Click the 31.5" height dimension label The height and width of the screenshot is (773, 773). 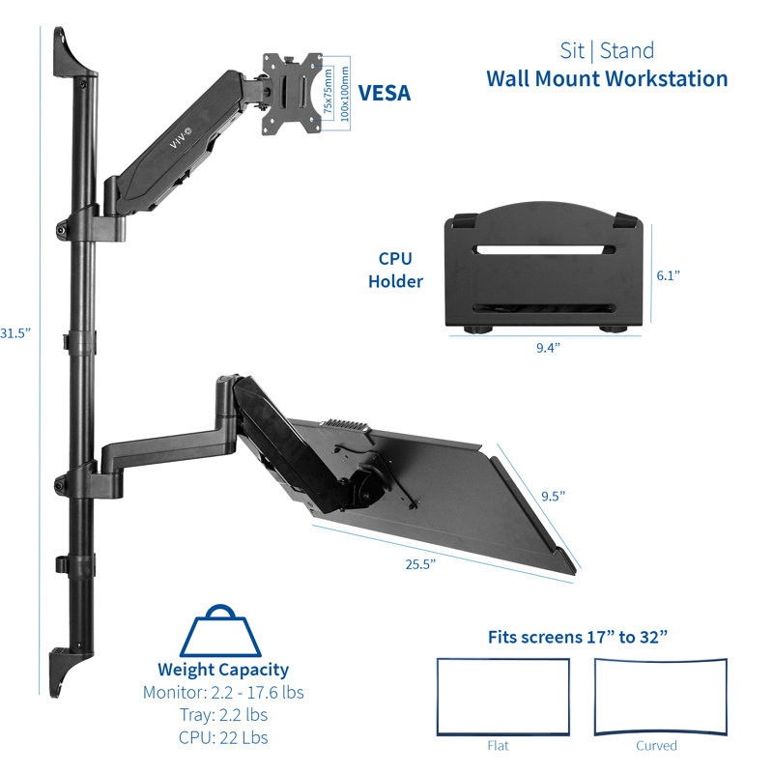(x=15, y=332)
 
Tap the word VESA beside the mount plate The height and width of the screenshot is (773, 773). (x=385, y=94)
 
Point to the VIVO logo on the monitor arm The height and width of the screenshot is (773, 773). (x=182, y=138)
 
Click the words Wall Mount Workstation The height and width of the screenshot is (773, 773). (x=607, y=78)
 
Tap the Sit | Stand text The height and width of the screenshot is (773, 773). (x=607, y=50)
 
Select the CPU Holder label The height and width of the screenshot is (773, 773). (x=400, y=271)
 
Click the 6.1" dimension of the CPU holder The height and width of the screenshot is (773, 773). (x=670, y=275)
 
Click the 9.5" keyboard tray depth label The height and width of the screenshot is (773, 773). (x=552, y=496)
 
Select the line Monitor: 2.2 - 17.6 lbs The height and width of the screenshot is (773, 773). (x=223, y=693)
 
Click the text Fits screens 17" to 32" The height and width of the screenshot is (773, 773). (x=579, y=636)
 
